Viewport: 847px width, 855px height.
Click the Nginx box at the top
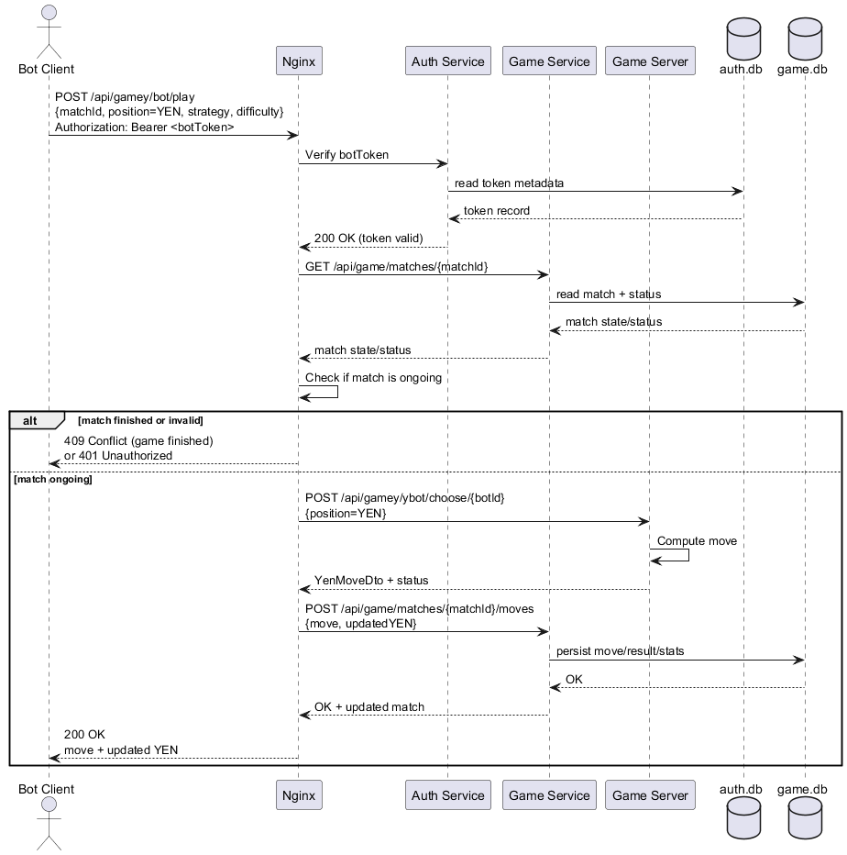[299, 61]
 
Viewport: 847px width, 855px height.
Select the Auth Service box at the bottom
[447, 795]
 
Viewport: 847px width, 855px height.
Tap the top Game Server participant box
[649, 61]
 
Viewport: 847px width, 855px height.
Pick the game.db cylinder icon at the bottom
[805, 818]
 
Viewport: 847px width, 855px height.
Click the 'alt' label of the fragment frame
[30, 420]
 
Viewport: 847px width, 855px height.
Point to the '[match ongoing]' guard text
[52, 480]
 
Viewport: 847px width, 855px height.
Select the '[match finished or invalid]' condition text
[140, 420]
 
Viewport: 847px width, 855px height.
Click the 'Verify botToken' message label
[346, 154]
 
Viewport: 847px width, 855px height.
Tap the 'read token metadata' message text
[509, 183]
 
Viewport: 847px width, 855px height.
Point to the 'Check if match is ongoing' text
[373, 377]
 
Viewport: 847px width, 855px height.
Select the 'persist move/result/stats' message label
[620, 651]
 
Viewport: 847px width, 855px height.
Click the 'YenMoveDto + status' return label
[371, 581]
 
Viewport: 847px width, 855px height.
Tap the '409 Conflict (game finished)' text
[138, 441]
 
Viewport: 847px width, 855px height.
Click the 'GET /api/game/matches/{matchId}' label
[396, 266]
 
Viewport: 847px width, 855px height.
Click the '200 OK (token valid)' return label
[368, 239]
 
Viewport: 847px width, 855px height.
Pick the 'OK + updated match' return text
[369, 707]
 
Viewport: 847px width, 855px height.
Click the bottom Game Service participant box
[548, 795]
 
